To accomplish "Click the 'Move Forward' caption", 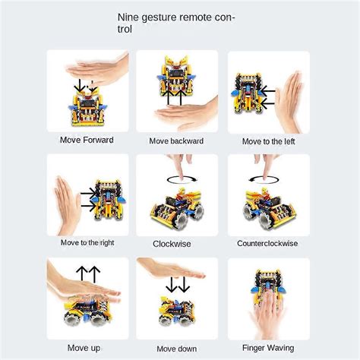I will [87, 140].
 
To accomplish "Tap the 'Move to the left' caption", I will [269, 141].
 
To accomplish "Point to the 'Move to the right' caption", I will [87, 243].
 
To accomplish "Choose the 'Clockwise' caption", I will [172, 244].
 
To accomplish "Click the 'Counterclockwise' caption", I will [267, 244].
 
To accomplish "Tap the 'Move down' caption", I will [178, 348].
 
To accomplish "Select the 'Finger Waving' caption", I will [269, 348].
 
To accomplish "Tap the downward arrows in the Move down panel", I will [179, 285].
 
